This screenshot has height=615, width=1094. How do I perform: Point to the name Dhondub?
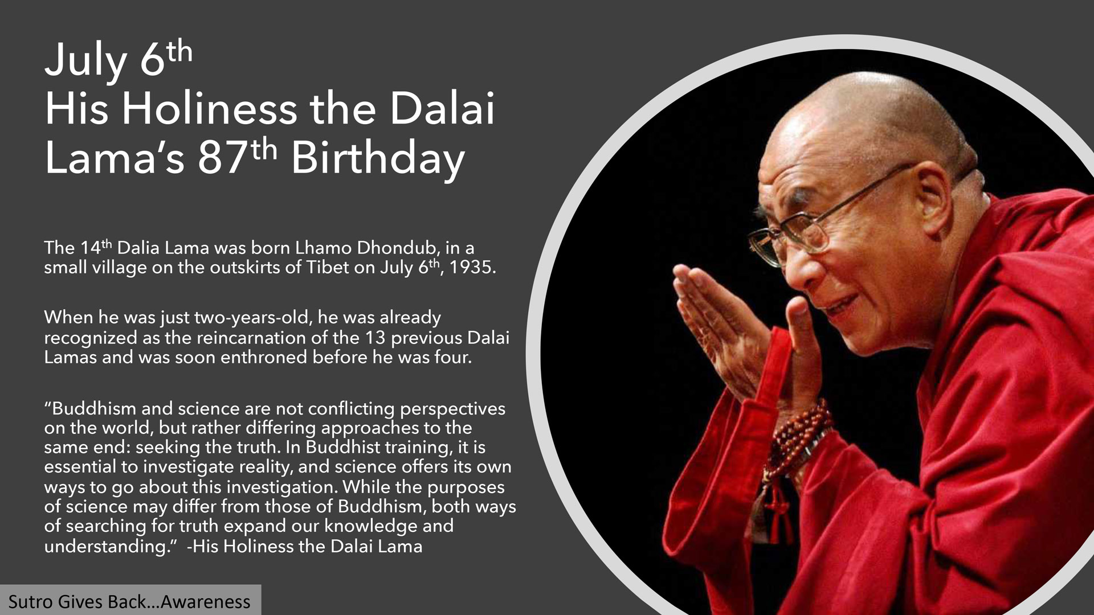coord(397,248)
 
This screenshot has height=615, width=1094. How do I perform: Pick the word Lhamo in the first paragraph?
coord(323,248)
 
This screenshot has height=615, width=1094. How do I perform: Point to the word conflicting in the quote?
coord(351,409)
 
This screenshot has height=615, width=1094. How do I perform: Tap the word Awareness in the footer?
coord(206,602)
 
